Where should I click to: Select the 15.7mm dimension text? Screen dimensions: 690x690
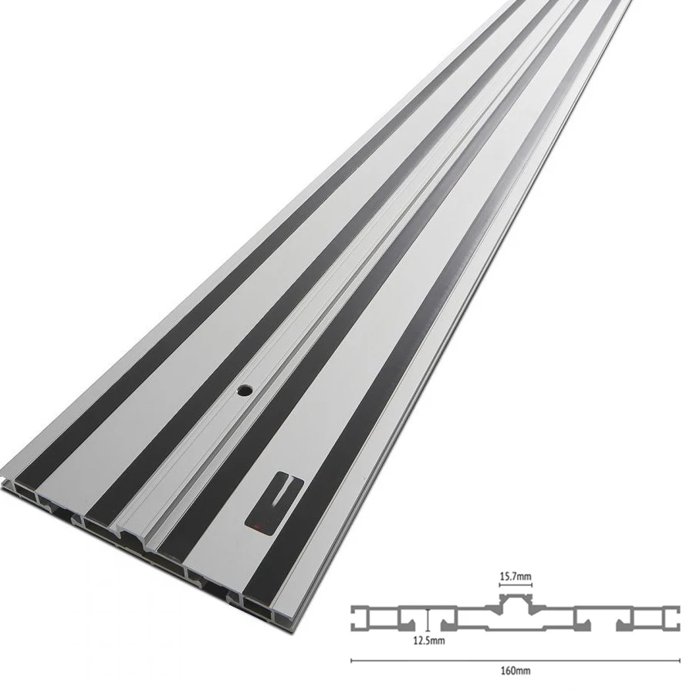click(516, 577)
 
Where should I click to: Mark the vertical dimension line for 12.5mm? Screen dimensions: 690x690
click(427, 620)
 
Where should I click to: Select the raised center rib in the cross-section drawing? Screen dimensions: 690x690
click(516, 600)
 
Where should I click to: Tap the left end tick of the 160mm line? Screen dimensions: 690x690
click(352, 661)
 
